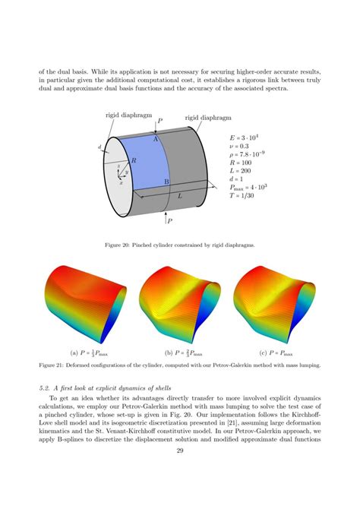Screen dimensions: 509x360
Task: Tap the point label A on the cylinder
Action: click(155, 140)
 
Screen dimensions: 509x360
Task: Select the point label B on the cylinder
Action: click(166, 182)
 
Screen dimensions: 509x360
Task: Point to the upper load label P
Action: click(159, 121)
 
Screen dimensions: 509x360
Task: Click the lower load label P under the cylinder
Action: click(169, 221)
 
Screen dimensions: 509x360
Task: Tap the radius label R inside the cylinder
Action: click(134, 161)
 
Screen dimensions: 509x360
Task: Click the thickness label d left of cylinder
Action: click(99, 147)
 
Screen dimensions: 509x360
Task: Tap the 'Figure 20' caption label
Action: click(128, 245)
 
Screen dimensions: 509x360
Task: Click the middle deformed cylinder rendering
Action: click(179, 304)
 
